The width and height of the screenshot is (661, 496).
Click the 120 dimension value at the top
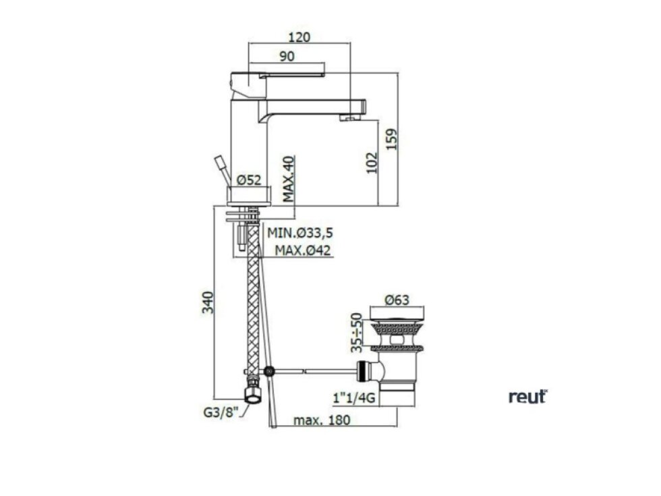point(299,37)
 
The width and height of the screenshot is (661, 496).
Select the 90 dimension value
point(287,56)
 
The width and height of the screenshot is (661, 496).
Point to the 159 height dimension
point(392,139)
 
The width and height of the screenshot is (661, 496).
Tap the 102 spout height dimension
point(371,163)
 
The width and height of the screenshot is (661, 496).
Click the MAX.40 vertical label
point(289,179)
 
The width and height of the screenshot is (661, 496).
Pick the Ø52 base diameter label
point(249,181)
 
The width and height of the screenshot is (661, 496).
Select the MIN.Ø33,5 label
point(300,232)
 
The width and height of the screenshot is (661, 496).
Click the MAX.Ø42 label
point(303,250)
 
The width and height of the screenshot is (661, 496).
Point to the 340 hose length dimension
point(208,302)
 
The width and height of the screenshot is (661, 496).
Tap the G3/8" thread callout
point(221,412)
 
